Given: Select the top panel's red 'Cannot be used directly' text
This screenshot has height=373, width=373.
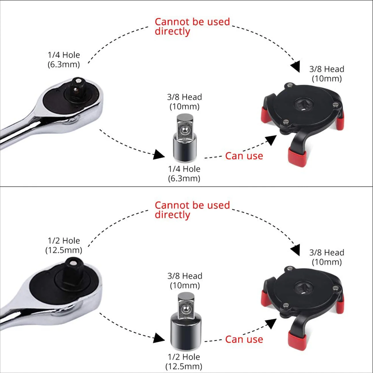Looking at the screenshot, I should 192,26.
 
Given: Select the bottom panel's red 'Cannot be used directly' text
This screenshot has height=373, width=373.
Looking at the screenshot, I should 192,210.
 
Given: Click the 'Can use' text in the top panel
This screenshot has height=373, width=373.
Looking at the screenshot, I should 244,156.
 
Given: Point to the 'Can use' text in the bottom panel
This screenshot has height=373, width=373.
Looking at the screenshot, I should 244,339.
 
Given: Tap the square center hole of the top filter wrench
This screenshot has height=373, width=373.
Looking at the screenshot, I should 303,105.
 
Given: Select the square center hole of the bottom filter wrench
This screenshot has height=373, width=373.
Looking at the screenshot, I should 303,288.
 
